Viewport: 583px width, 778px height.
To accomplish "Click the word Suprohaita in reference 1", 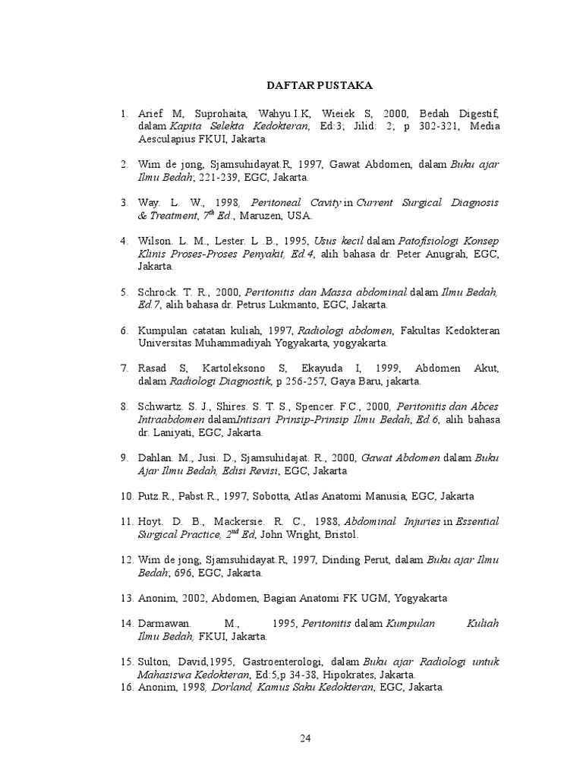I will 210,113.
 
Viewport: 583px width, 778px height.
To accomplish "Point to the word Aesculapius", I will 170,139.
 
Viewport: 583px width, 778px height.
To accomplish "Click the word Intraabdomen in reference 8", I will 170,419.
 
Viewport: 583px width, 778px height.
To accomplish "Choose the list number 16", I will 126,688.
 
